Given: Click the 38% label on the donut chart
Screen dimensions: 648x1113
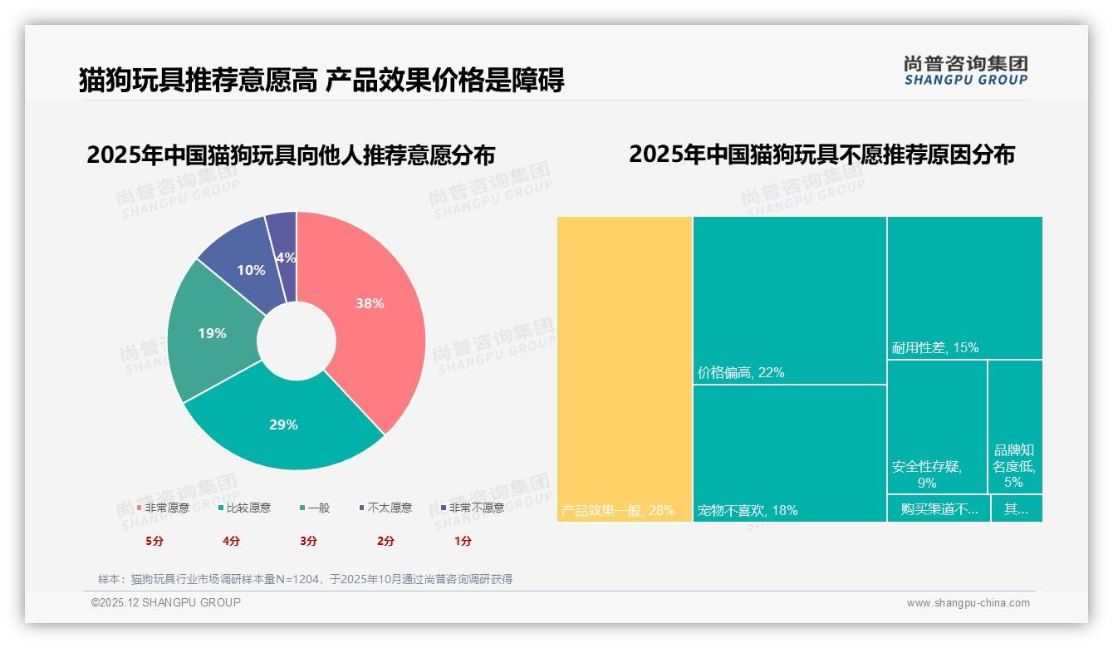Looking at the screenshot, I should pos(370,303).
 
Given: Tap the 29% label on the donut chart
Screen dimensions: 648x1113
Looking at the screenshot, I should pos(283,425).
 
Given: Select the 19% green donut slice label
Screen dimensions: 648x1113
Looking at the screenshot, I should pos(212,333).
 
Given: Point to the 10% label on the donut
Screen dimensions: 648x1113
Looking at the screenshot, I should pos(251,270).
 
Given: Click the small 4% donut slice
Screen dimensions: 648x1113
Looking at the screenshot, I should pos(285,258).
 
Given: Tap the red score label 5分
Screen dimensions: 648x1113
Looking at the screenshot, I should pos(154,541).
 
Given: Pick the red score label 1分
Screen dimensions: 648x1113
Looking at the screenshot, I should pos(463,541).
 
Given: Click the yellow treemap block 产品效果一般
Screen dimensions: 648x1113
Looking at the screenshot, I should pos(624,369).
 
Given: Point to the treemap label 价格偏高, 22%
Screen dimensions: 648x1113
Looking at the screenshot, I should pos(741,372).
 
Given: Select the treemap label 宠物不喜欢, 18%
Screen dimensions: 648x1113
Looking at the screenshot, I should pos(748,510).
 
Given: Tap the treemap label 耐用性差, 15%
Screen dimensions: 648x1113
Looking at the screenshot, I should pos(935,347).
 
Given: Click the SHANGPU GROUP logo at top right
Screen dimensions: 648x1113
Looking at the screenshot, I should pos(965,71).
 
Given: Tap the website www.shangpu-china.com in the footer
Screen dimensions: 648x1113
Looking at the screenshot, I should pos(968,603).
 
